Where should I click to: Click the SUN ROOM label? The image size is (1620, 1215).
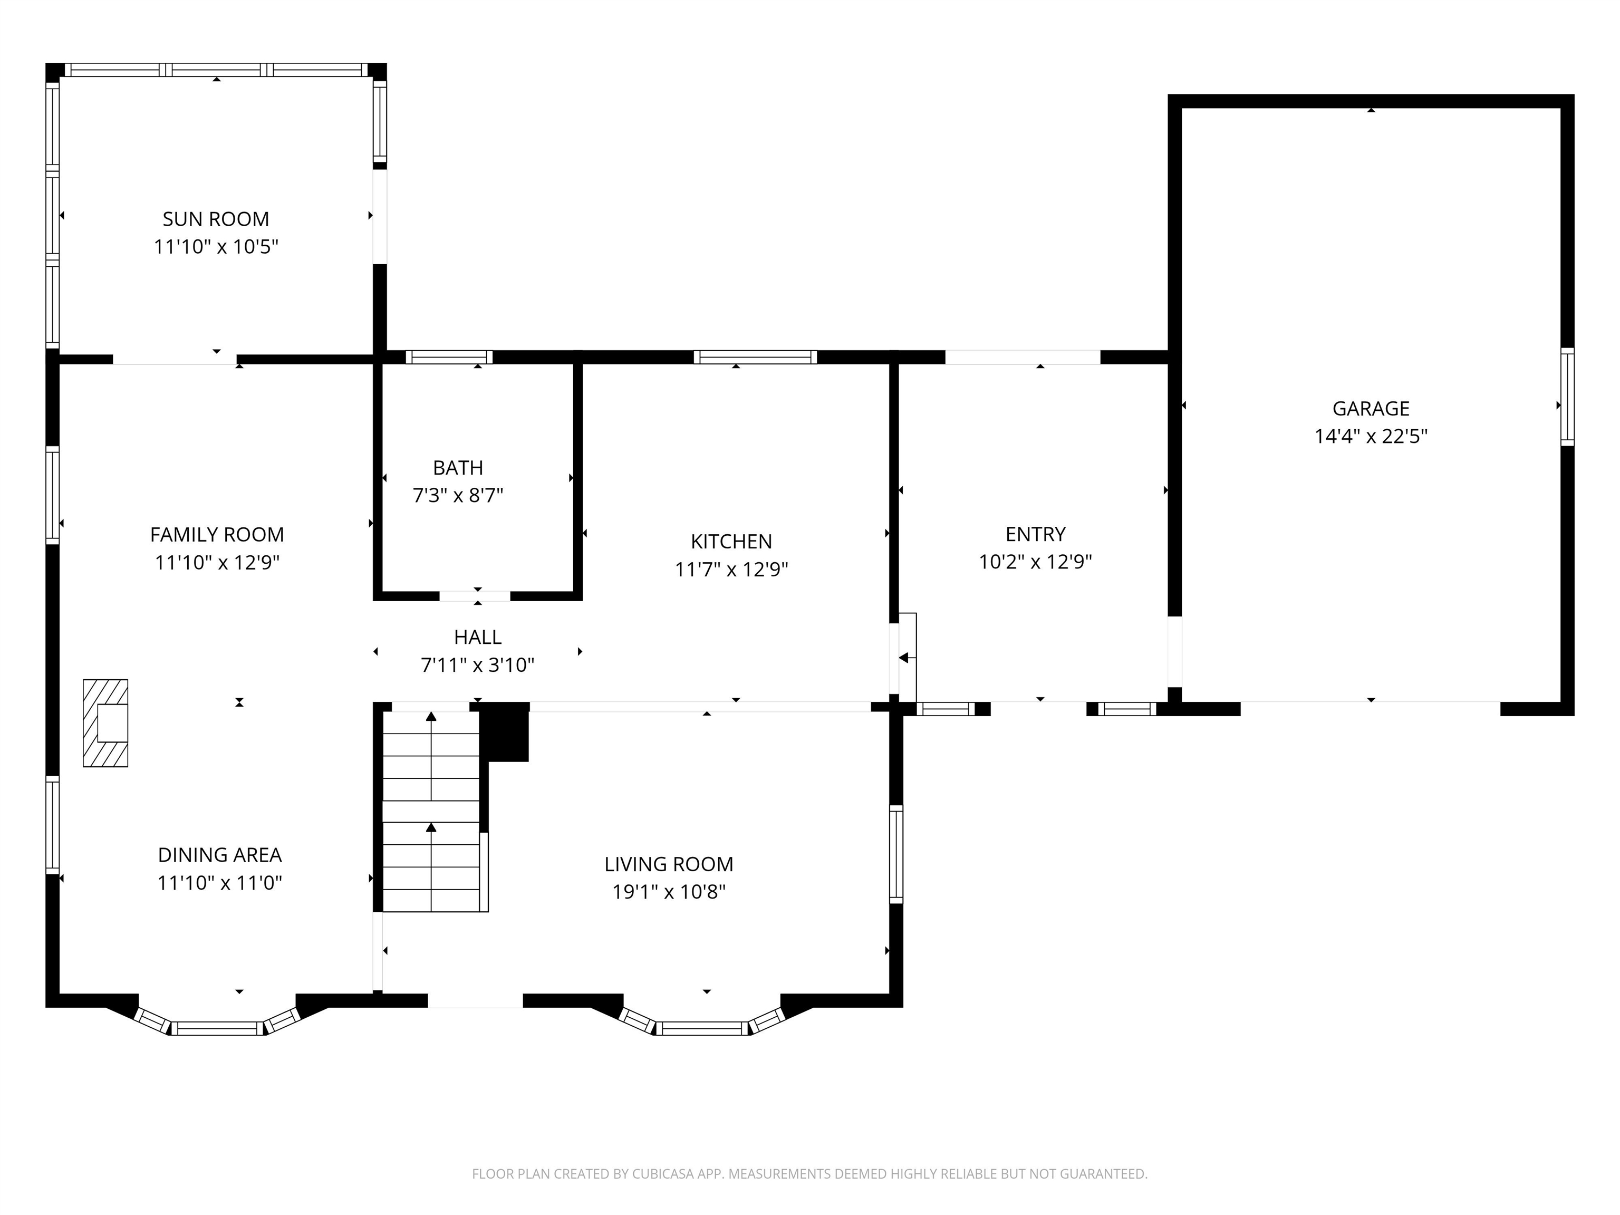(216, 219)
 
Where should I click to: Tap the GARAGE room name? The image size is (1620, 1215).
(1370, 409)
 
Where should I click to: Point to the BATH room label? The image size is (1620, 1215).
(458, 467)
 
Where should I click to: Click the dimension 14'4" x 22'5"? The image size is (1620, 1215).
(1370, 437)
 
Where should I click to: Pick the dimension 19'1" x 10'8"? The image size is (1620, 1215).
(669, 892)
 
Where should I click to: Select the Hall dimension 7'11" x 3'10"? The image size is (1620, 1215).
(477, 665)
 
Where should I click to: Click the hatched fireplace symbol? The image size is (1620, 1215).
(105, 723)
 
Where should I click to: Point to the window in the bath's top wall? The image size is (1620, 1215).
(449, 358)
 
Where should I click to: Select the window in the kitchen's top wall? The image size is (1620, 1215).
(755, 358)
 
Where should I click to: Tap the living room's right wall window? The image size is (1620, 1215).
(895, 854)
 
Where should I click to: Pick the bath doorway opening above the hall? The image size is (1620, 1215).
(475, 595)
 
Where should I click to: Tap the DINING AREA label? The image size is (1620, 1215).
(220, 855)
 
